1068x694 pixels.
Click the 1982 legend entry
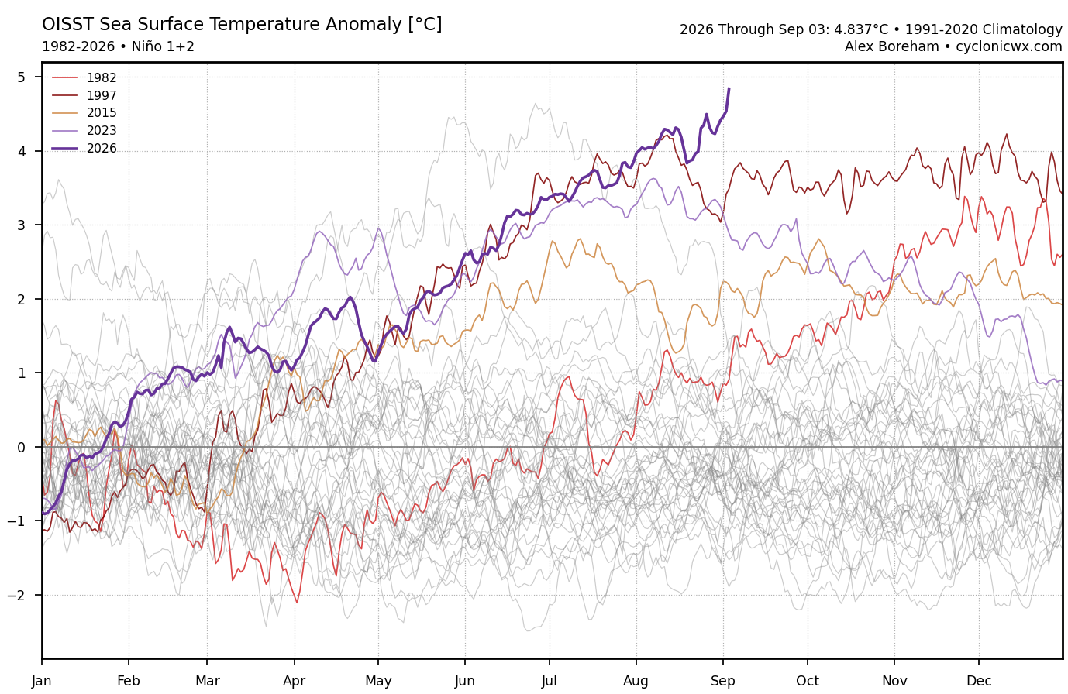click(x=84, y=77)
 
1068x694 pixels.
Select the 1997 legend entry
click(x=84, y=95)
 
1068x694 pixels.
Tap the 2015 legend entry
click(x=84, y=112)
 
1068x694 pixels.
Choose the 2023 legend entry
click(x=84, y=130)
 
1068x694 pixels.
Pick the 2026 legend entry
click(x=84, y=148)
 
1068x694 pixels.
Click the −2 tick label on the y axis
click(x=17, y=595)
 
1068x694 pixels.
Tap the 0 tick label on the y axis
click(x=22, y=447)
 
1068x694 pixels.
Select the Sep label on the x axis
click(x=723, y=681)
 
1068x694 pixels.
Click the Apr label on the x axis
click(x=295, y=681)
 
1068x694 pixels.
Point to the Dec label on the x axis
click(x=979, y=681)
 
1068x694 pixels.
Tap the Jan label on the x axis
click(x=42, y=681)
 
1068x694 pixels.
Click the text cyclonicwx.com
click(x=1009, y=46)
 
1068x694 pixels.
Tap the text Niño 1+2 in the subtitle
click(x=163, y=46)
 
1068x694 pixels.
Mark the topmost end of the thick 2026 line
click(x=729, y=88)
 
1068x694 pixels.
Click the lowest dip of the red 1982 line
click(x=297, y=603)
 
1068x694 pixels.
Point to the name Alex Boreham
click(x=891, y=46)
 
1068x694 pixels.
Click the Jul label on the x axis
click(x=550, y=681)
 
